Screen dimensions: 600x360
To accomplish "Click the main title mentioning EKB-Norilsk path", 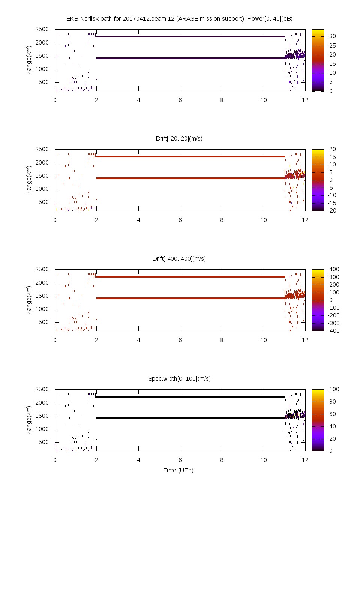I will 179,18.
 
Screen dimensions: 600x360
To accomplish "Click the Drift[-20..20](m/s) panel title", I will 179,138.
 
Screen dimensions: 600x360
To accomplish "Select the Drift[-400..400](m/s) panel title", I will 179,258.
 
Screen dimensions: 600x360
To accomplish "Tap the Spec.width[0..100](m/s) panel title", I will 179,378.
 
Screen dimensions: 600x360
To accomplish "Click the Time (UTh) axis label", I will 178,470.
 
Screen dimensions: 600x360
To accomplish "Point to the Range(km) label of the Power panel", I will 29,60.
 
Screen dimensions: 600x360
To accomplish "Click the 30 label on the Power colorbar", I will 333,36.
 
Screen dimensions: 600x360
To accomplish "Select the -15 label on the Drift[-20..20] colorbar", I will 332,203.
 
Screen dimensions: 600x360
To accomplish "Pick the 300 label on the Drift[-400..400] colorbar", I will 334,277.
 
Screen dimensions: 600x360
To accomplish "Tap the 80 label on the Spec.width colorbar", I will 333,402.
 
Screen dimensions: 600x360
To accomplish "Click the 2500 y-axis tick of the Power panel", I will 42,29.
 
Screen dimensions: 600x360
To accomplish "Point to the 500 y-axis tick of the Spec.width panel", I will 43,442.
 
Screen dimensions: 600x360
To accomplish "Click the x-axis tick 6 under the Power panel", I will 180,100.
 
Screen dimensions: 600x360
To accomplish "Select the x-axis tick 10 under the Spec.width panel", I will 264,460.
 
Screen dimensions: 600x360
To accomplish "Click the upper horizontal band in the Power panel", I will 190,37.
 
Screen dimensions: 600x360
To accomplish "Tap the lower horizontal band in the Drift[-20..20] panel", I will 190,178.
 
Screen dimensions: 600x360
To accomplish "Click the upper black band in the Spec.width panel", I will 190,397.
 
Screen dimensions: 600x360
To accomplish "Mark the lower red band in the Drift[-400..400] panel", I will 190,298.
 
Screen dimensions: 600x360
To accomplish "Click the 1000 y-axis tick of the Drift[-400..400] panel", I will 42,309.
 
